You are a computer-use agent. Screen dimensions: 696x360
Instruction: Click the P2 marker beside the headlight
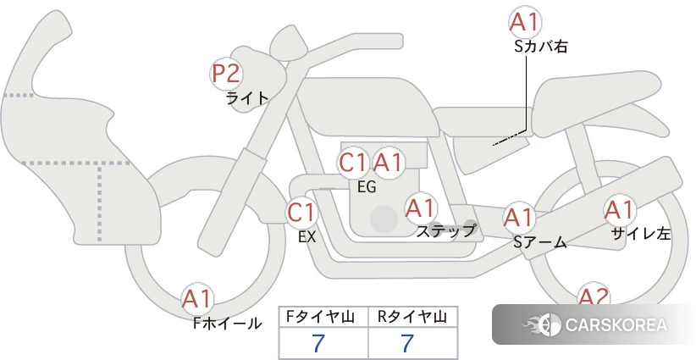click(226, 74)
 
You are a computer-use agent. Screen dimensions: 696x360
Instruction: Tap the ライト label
click(248, 97)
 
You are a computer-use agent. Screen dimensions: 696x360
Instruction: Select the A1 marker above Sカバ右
click(525, 22)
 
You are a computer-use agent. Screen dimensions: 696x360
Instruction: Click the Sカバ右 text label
click(541, 47)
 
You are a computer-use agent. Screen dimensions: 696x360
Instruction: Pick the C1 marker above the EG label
click(353, 163)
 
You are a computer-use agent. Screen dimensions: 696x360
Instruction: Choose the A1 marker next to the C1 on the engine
click(388, 163)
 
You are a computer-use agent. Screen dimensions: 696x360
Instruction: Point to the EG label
click(367, 187)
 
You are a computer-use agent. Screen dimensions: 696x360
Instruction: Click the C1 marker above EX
click(302, 213)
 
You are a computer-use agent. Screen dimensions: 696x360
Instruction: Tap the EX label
click(307, 237)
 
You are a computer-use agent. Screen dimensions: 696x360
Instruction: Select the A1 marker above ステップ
click(421, 208)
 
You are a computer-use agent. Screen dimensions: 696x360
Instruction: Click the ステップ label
click(445, 231)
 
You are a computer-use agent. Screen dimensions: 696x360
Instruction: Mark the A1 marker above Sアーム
click(518, 218)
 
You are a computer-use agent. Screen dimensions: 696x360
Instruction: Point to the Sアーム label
click(540, 242)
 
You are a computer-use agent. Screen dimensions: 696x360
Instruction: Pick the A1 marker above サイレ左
click(619, 210)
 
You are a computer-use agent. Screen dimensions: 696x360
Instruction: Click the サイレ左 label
click(640, 234)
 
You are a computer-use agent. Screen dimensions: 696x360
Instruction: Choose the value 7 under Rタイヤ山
click(407, 343)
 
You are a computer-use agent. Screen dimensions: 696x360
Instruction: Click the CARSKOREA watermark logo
click(594, 324)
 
